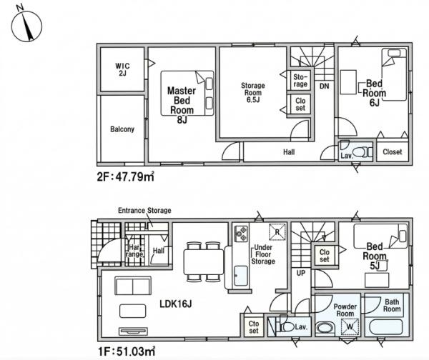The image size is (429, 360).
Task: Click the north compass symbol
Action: [x=26, y=26]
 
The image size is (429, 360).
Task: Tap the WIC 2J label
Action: [x=122, y=69]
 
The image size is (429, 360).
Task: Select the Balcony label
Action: [x=122, y=129]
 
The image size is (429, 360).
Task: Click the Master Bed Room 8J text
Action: [x=182, y=105]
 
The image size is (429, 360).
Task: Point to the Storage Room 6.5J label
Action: [x=253, y=92]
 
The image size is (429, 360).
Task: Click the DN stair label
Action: [x=324, y=86]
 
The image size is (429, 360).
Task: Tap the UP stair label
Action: [x=301, y=273]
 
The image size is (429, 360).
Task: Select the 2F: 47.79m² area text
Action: [x=126, y=177]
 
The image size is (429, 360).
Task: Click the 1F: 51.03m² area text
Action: [x=127, y=351]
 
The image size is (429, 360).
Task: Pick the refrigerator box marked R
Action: [x=277, y=232]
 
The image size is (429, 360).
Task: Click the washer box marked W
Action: [x=350, y=326]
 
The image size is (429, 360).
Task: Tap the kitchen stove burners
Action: [x=241, y=234]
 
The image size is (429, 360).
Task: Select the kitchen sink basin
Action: [x=241, y=276]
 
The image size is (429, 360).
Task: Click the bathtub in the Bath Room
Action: [x=386, y=327]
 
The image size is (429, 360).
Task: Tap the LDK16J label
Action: [x=175, y=304]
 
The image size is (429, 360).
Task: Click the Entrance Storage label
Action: [x=144, y=211]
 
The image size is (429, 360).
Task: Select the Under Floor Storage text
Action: [x=263, y=254]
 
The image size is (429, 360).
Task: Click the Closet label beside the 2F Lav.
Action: [x=393, y=151]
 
